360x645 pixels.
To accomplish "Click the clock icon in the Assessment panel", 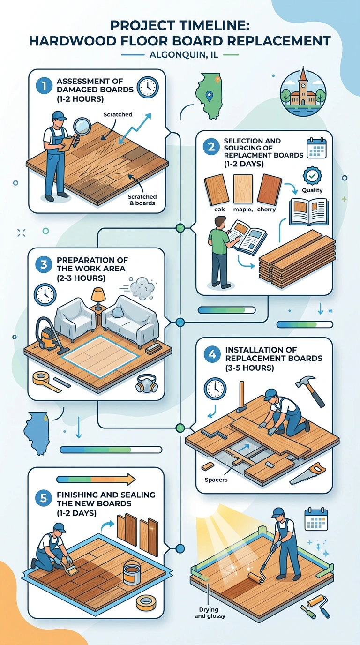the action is click(x=148, y=87).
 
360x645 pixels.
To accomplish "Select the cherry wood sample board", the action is click(x=269, y=190).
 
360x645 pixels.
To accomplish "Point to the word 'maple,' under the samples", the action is click(x=243, y=210).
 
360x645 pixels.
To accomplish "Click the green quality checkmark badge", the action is click(x=312, y=176).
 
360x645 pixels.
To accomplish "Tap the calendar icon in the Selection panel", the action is click(x=316, y=148).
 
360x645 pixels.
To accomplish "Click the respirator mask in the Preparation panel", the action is click(x=147, y=383).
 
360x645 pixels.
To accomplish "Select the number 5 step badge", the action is click(x=44, y=498).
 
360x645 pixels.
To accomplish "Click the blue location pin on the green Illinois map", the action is click(x=210, y=96).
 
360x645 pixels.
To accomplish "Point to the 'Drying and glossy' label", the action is click(x=210, y=613).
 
